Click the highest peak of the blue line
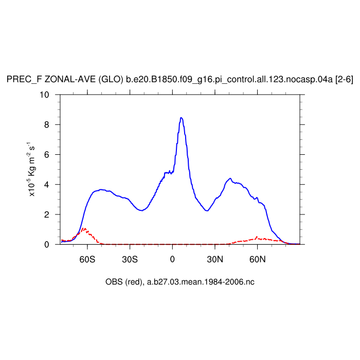pos(181,117)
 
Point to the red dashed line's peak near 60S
pos(84,228)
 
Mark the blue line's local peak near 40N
pos(230,178)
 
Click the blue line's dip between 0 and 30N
pos(207,210)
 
